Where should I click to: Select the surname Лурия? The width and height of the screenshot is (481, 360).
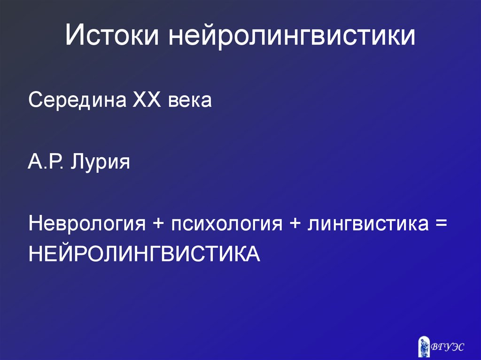point(100,164)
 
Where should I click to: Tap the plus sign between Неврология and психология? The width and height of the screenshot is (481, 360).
point(157,224)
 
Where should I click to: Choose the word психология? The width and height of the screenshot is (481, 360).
point(226,224)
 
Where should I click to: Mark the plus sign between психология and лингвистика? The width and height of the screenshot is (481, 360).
point(295,224)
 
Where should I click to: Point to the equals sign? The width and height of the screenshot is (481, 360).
point(440,224)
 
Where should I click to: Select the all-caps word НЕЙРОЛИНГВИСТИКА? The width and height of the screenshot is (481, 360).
point(144,253)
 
